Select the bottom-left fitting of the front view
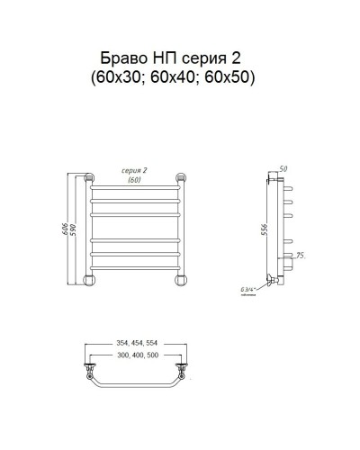tap(90, 278)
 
